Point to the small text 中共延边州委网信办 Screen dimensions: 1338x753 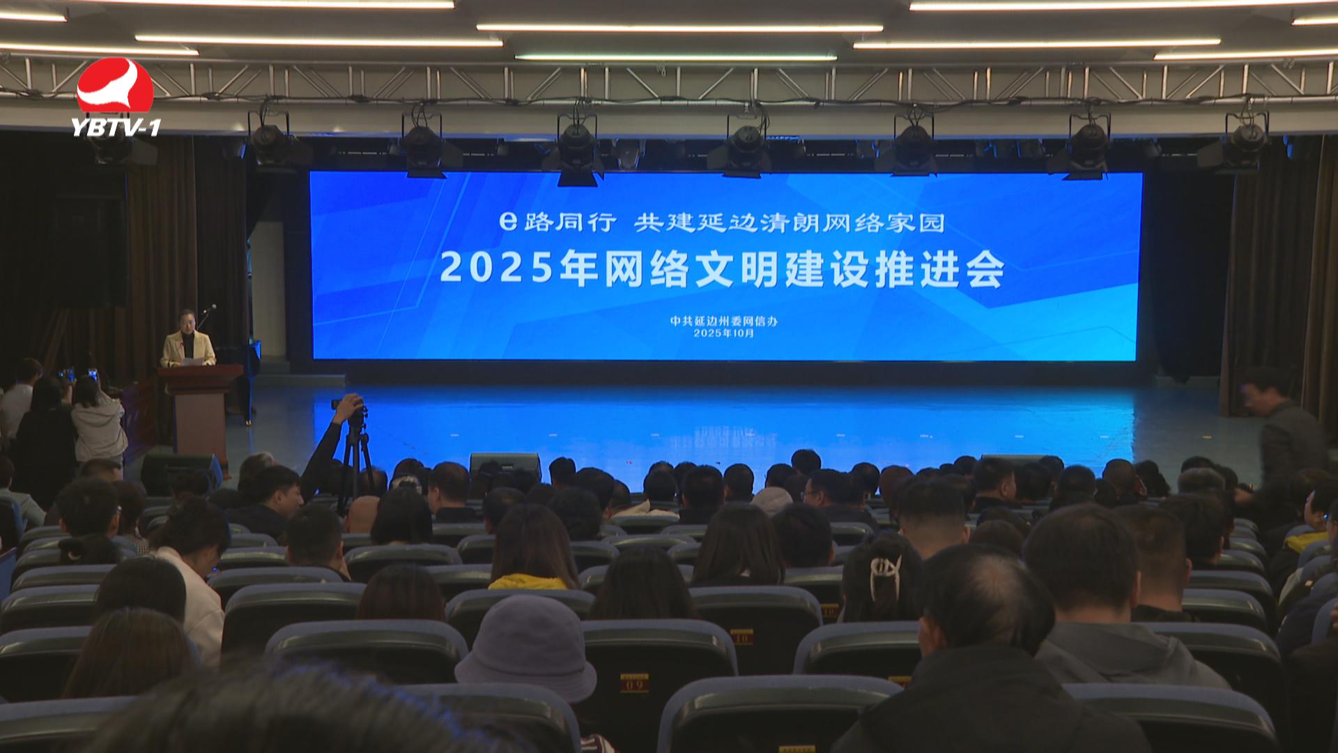723,321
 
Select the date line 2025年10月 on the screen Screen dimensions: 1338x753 723,333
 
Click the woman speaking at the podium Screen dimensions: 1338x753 187,340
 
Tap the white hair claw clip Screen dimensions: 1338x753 884,576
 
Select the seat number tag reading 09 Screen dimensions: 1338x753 633,683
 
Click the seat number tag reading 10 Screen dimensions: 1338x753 741,636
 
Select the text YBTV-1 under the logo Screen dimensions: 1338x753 116,127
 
